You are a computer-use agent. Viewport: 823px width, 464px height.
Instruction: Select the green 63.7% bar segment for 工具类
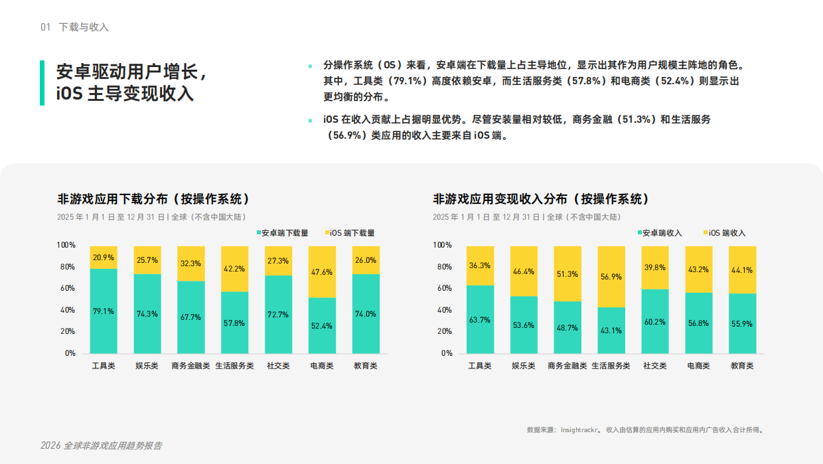pyautogui.click(x=480, y=319)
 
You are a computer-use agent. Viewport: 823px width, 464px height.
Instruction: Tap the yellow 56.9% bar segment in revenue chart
pyautogui.click(x=611, y=277)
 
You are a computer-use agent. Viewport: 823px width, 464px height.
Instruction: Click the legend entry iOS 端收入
pyautogui.click(x=724, y=233)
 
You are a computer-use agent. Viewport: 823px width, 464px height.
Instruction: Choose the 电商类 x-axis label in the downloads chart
pyautogui.click(x=322, y=366)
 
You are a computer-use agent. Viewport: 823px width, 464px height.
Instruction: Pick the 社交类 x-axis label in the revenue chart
pyautogui.click(x=655, y=366)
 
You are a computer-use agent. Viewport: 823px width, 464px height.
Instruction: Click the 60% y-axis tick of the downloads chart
pyautogui.click(x=67, y=288)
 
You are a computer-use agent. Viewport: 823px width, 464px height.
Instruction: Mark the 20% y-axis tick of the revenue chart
pyautogui.click(x=443, y=331)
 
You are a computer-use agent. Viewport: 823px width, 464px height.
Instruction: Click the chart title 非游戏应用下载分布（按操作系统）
pyautogui.click(x=153, y=199)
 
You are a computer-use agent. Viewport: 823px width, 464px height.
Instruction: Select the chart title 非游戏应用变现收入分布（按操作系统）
pyautogui.click(x=541, y=199)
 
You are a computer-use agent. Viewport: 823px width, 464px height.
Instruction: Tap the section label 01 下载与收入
pyautogui.click(x=74, y=27)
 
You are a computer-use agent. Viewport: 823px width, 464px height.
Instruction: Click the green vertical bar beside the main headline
pyautogui.click(x=42, y=83)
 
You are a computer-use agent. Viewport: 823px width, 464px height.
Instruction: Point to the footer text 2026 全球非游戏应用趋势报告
pyautogui.click(x=101, y=445)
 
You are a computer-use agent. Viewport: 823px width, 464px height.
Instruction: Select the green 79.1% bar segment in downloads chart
pyautogui.click(x=104, y=311)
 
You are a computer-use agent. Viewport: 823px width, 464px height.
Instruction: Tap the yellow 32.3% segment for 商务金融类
pyautogui.click(x=191, y=264)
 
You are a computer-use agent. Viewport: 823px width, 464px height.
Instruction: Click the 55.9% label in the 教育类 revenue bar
pyautogui.click(x=742, y=323)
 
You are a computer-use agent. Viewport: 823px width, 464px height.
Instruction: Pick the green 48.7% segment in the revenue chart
pyautogui.click(x=567, y=327)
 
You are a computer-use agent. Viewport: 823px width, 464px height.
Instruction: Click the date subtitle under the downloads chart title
pyautogui.click(x=152, y=217)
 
